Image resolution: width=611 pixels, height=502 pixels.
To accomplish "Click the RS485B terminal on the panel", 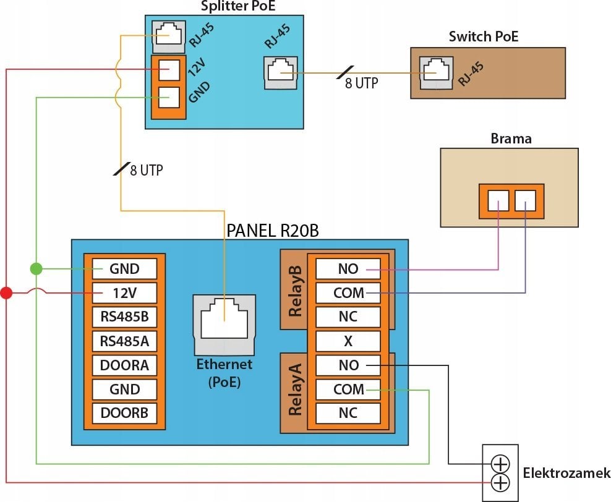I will (x=124, y=317).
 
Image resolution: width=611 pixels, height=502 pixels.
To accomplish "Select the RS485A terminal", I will (x=124, y=341).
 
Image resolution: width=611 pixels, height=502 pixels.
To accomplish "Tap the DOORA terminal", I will (x=124, y=365).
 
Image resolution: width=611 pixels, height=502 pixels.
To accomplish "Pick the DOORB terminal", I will (x=124, y=413).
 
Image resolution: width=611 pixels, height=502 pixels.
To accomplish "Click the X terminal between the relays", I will (x=348, y=341).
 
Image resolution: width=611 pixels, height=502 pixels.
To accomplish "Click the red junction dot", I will (x=6, y=292).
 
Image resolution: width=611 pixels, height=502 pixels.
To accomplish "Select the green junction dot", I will (x=36, y=268).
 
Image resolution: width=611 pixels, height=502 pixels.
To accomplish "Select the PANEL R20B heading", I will (x=273, y=231).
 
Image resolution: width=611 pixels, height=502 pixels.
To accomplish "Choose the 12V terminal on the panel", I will (x=124, y=293).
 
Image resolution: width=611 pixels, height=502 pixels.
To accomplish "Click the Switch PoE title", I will (x=484, y=36).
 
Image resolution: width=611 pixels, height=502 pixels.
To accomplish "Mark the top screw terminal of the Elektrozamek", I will (x=500, y=464).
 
